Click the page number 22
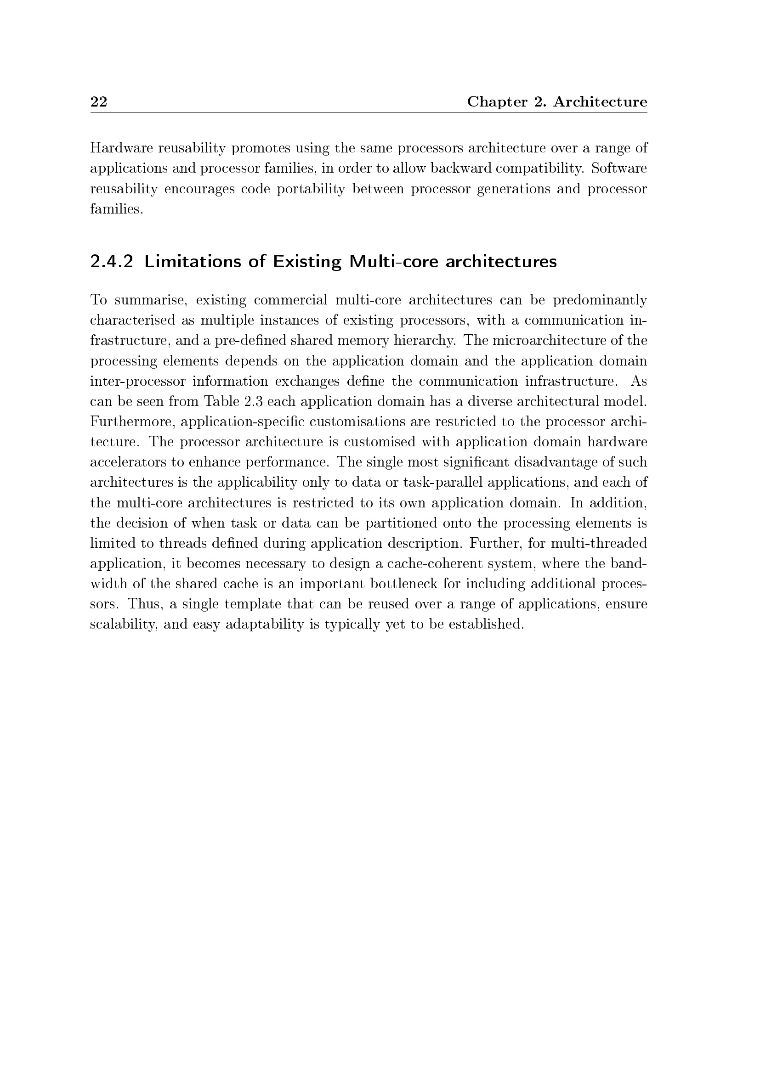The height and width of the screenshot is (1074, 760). point(99,101)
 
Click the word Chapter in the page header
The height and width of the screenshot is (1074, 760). point(497,102)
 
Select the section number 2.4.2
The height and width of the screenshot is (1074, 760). point(111,261)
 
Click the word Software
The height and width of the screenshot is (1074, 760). point(618,168)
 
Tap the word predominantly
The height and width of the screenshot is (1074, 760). point(600,300)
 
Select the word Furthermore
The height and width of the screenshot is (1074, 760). point(132,422)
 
